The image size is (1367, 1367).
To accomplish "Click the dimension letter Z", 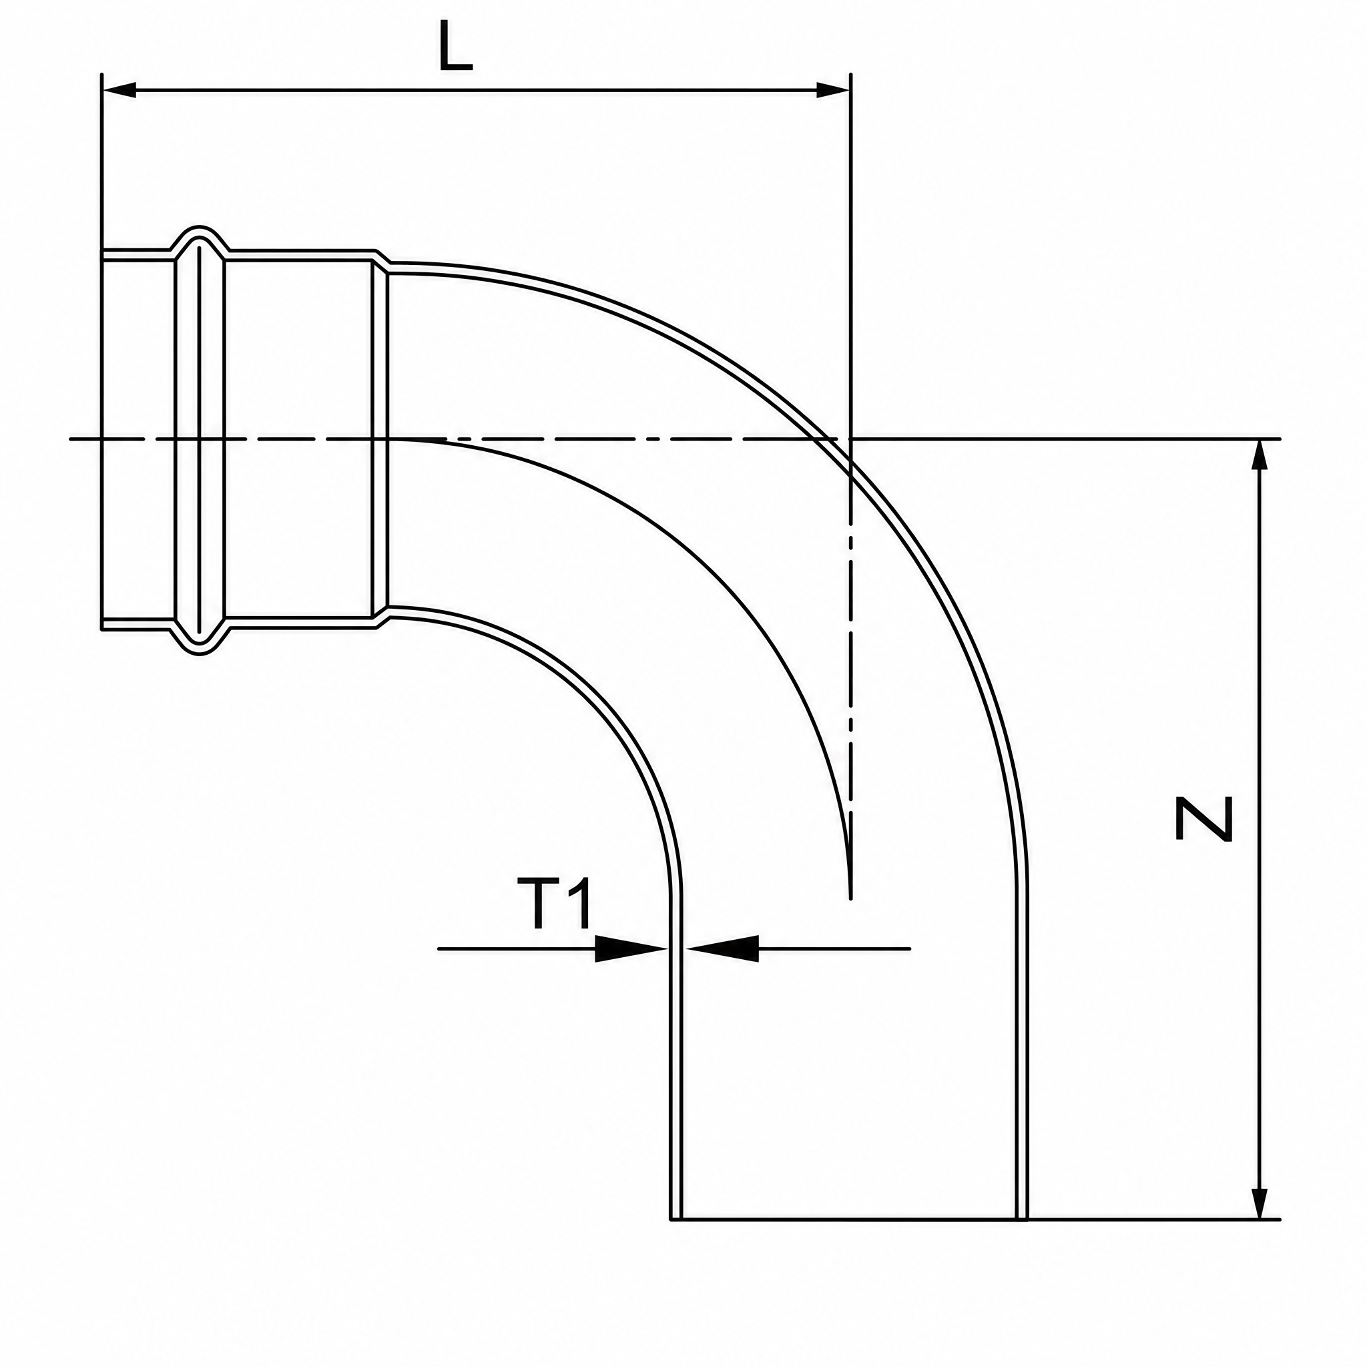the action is pyautogui.click(x=1203, y=820).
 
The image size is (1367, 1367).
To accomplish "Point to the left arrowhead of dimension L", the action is pyautogui.click(x=119, y=91).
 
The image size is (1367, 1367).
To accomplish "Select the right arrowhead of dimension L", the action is pyautogui.click(x=833, y=91).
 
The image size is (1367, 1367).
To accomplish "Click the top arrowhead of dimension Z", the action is pyautogui.click(x=1259, y=457).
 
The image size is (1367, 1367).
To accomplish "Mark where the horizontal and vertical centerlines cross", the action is pyautogui.click(x=850, y=439).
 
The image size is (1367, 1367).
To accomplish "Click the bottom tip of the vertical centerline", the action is pyautogui.click(x=850, y=899).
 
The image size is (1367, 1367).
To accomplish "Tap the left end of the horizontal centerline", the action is pyautogui.click(x=69, y=439).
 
